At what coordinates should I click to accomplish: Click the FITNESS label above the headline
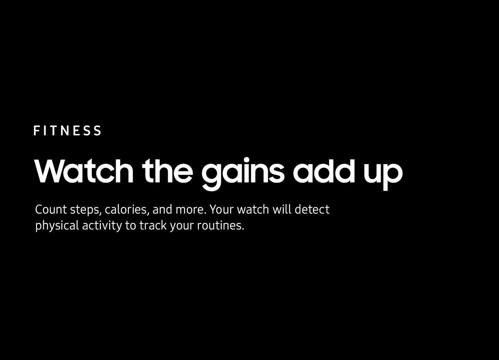67,130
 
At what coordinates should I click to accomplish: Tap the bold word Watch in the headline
84,171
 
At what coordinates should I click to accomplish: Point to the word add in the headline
324,171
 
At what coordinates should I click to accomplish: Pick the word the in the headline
168,171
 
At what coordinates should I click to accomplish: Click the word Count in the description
51,209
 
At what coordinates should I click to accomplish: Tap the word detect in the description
312,209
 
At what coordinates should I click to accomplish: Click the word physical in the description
57,226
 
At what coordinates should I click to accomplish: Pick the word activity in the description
102,226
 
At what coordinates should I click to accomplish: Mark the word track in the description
153,225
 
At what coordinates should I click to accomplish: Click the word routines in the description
221,225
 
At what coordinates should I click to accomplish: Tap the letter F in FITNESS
37,130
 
